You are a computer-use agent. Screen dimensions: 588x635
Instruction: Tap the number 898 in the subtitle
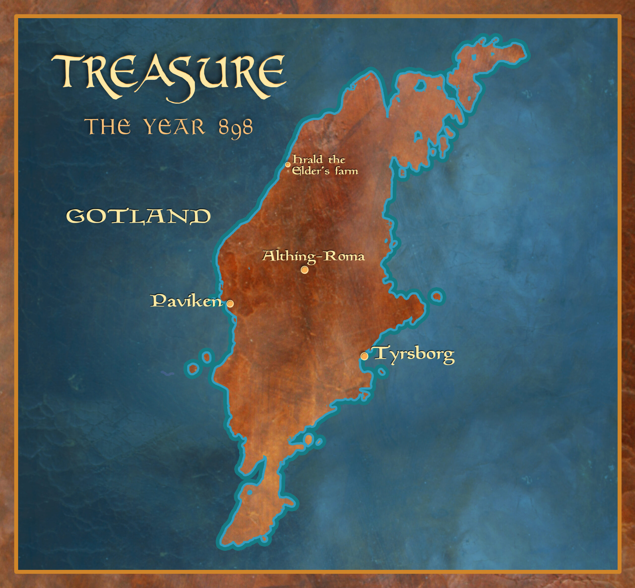pyautogui.click(x=235, y=128)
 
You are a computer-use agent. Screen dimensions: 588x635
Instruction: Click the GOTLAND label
pyautogui.click(x=138, y=216)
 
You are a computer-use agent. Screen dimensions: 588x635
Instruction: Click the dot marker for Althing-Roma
pyautogui.click(x=304, y=270)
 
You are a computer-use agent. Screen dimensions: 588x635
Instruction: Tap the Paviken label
pyautogui.click(x=186, y=301)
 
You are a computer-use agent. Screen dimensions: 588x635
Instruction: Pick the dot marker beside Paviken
pyautogui.click(x=230, y=303)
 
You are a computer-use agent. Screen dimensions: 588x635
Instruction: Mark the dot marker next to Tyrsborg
pyautogui.click(x=364, y=356)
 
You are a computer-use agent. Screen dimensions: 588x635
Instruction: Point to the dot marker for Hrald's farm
pyautogui.click(x=287, y=164)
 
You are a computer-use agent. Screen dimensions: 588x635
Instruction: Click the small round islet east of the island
pyautogui.click(x=437, y=297)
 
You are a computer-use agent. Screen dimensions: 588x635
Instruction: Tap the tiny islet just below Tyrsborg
pyautogui.click(x=382, y=371)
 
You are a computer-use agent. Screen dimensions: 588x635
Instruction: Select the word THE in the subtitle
pyautogui.click(x=108, y=127)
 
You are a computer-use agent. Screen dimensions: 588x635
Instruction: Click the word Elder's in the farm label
pyautogui.click(x=311, y=171)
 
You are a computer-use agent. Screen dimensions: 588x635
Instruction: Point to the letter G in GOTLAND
pyautogui.click(x=75, y=216)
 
